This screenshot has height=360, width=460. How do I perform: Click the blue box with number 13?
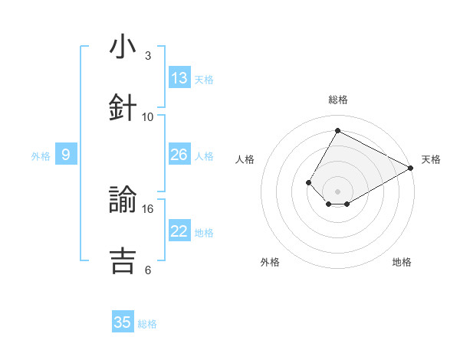[x=179, y=78]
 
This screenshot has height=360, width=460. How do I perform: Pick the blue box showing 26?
[x=179, y=155]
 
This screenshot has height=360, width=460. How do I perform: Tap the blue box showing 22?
[x=179, y=231]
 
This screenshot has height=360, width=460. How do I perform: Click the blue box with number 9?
[x=66, y=155]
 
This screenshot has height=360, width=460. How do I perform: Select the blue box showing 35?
[x=123, y=322]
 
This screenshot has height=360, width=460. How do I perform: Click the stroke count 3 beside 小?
[x=148, y=56]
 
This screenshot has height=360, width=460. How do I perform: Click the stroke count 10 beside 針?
[x=148, y=116]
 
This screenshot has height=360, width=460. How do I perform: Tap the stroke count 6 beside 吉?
[x=148, y=270]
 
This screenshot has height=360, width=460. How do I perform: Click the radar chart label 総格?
[x=337, y=100]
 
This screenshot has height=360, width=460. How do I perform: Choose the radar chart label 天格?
[x=431, y=159]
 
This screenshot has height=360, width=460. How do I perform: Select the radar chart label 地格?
[x=402, y=262]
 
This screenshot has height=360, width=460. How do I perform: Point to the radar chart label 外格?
[x=270, y=262]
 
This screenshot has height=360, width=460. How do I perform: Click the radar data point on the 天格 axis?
[x=410, y=168]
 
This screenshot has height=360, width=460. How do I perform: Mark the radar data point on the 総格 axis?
[x=337, y=130]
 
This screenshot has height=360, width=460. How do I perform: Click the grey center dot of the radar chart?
[x=337, y=191]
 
